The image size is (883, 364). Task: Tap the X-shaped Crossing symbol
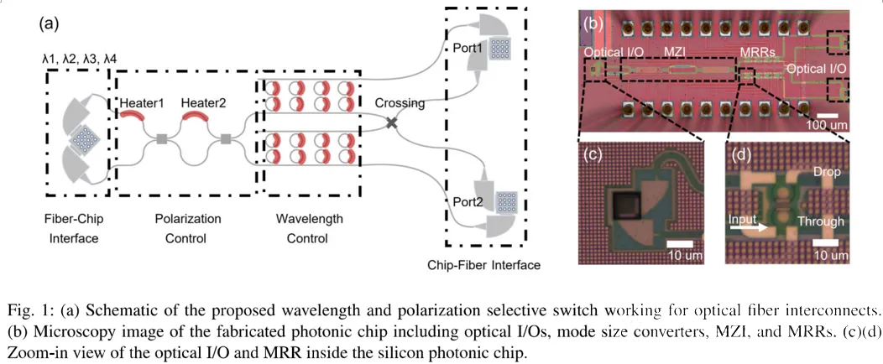391,122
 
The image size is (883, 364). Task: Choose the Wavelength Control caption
309,228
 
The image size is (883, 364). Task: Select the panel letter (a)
50,24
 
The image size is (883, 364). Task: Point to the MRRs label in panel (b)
757,53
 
